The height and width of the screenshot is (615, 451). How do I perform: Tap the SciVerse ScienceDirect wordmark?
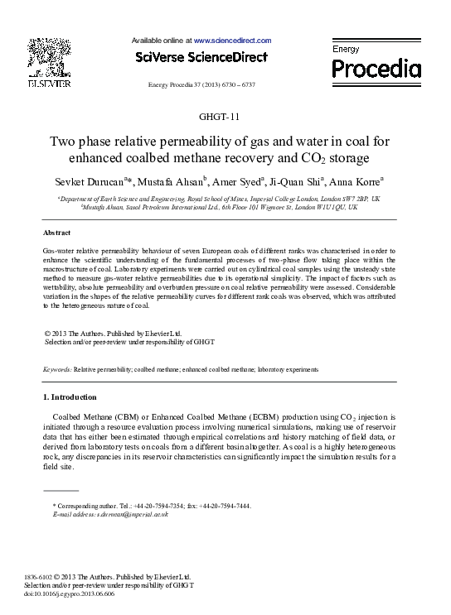click(201, 57)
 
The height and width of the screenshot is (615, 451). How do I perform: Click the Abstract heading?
click(56, 233)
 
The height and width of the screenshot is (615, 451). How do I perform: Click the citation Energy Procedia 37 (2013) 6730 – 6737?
click(201, 85)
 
